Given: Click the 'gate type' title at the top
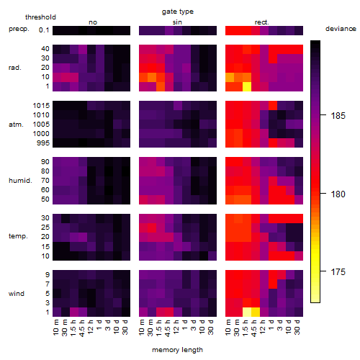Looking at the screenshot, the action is click(178, 12).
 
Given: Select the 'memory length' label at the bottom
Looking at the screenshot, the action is click(177, 350).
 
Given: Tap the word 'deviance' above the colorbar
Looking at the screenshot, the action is click(341, 29).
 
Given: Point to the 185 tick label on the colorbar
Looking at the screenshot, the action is click(338, 116).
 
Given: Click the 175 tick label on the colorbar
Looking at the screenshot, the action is click(338, 272).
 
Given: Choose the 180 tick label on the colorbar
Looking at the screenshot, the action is click(338, 194).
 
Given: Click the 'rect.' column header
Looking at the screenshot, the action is click(262, 22).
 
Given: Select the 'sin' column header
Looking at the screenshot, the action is click(177, 22).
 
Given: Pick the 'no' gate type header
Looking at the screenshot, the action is click(93, 22).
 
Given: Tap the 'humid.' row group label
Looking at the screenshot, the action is click(20, 181).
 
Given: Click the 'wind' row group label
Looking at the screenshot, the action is click(17, 294).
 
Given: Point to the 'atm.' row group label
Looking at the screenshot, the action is click(16, 125).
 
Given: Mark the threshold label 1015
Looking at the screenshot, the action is click(41, 106).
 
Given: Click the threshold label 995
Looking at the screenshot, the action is click(43, 143).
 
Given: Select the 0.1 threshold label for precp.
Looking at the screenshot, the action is click(44, 30).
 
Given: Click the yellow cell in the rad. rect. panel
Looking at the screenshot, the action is click(247, 86).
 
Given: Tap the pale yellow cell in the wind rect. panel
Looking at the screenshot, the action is click(247, 312).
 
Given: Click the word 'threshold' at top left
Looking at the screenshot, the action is click(40, 17).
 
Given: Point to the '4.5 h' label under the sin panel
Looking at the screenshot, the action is click(168, 328).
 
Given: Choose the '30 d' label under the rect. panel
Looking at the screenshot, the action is click(297, 328).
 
